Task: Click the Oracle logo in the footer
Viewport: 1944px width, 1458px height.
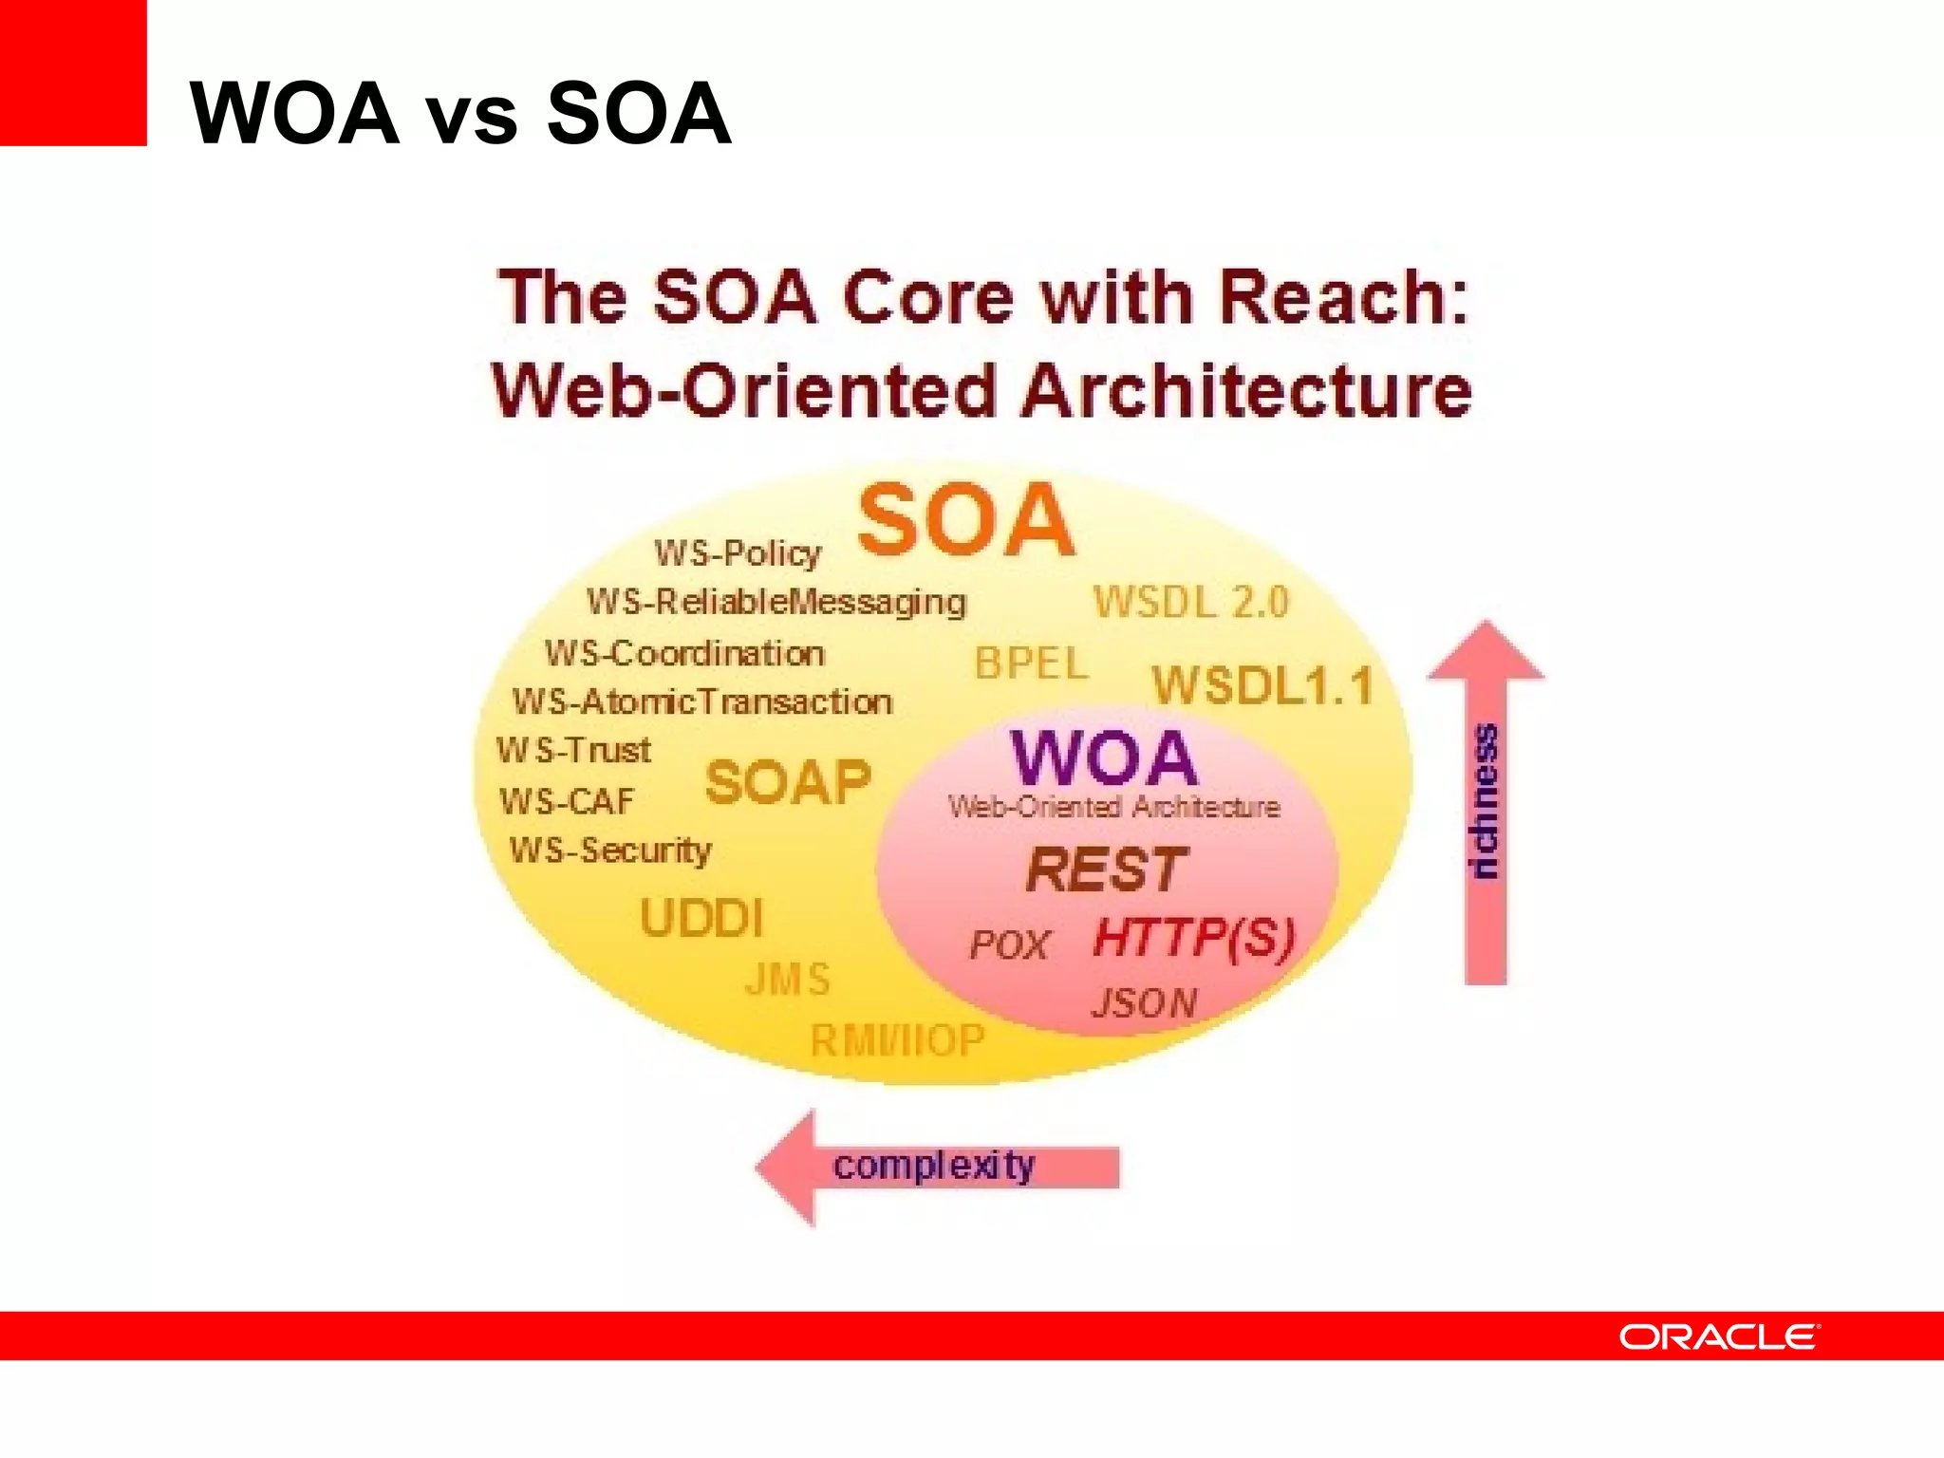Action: coord(1719,1336)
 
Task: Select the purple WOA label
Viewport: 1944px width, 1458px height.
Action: coord(1104,757)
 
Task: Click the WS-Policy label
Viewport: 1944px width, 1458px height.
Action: coord(738,552)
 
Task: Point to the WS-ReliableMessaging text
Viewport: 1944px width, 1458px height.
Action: coord(776,602)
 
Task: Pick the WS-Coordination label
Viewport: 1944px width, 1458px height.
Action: coord(684,653)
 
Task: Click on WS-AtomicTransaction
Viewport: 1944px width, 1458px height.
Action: coord(702,701)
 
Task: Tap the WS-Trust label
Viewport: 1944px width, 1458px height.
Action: coord(573,751)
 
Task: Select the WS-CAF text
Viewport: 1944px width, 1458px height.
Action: coord(567,802)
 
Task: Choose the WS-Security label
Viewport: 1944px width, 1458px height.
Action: coord(610,850)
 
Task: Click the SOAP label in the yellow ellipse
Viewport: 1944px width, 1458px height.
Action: coord(788,783)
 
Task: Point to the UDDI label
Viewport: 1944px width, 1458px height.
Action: coord(701,918)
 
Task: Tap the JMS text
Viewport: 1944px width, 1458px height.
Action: coord(788,980)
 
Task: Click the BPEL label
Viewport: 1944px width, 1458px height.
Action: coord(1032,664)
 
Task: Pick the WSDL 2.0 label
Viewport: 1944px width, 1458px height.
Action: coord(1191,602)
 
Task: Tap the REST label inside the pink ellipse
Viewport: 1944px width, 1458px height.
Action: coord(1107,869)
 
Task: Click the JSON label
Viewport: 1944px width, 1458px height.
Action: coord(1145,1003)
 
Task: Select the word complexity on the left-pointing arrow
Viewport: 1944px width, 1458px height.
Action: coord(934,1166)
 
